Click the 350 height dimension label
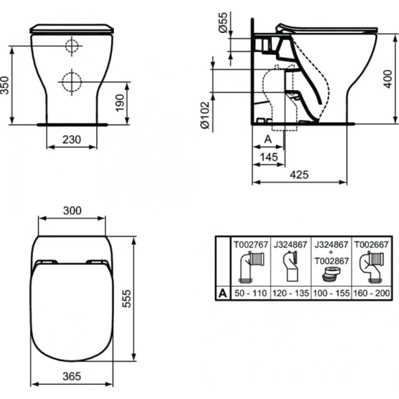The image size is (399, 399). [5, 85]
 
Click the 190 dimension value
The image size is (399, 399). [119, 103]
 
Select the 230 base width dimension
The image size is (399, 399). [72, 140]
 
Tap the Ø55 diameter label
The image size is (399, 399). [223, 22]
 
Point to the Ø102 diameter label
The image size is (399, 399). [205, 115]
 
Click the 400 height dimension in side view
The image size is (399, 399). [388, 79]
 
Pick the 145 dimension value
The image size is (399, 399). [269, 157]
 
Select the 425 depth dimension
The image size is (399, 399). [299, 175]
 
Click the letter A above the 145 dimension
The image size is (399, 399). [268, 139]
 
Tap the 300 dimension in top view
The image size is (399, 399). [72, 211]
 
